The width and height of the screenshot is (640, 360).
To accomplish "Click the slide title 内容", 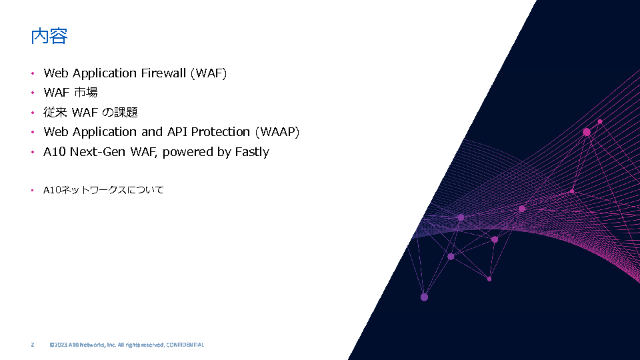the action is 49,36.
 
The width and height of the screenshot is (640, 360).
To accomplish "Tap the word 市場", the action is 86,93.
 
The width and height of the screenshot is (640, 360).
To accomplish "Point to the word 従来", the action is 55,112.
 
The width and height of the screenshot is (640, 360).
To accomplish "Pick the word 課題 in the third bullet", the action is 126,112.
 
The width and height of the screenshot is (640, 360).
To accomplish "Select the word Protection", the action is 221,132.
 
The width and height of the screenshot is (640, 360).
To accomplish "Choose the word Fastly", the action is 252,152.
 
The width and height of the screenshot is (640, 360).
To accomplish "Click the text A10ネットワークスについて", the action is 103,190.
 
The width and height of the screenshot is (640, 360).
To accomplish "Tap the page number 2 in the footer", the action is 33,345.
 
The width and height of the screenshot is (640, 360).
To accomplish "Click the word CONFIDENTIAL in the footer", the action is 185,345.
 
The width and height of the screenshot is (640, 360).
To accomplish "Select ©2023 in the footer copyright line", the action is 59,345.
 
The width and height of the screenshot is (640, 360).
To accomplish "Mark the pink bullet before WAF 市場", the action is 33,93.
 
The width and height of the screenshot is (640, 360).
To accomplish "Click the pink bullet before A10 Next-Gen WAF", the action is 33,152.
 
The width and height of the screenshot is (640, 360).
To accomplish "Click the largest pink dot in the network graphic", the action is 587,132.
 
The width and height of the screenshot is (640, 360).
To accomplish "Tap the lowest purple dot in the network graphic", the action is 424,297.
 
